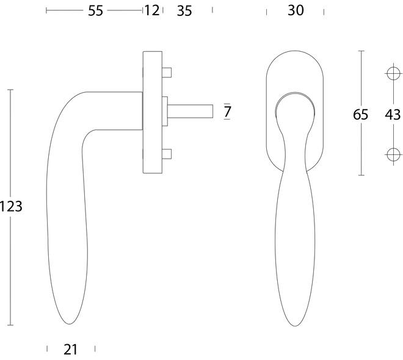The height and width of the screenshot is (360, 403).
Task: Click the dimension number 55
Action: coord(95,11)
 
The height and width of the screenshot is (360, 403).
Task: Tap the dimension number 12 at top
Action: coord(152,10)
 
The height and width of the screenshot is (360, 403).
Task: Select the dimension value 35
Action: coord(184,11)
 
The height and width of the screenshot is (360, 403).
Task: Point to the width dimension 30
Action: coord(296,10)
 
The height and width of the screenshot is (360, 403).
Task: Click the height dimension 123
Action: coord(11,206)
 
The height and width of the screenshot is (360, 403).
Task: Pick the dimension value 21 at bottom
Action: coord(70,350)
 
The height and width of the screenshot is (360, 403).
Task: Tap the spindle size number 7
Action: coord(227,112)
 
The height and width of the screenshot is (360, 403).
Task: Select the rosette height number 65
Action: coord(360,115)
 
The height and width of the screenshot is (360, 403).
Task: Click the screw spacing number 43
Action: coord(393,115)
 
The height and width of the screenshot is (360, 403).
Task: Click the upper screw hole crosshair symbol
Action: coord(393,73)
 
